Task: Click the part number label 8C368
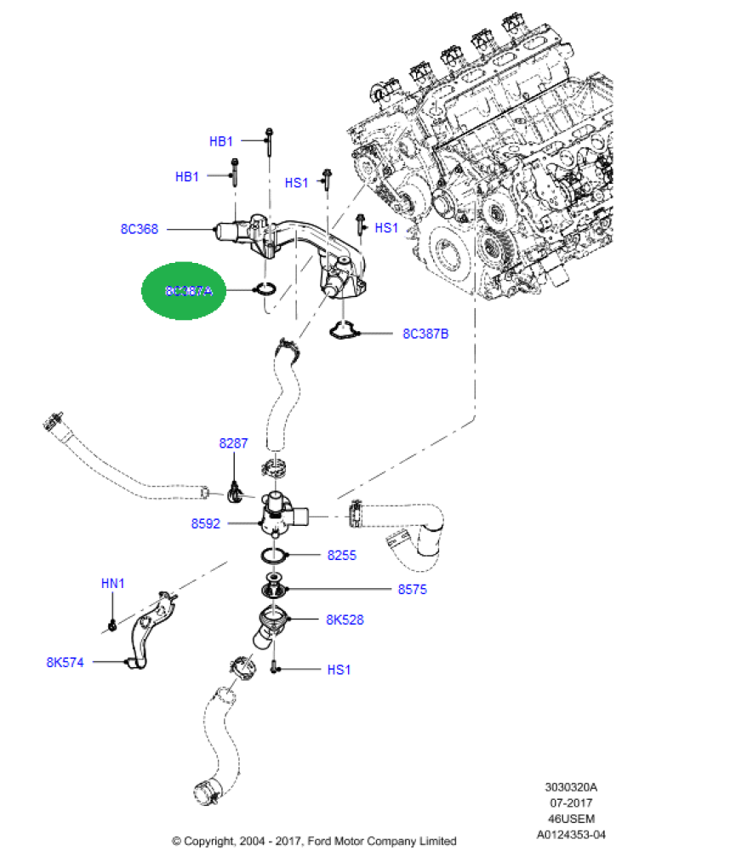click(139, 229)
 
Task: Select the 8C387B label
click(425, 334)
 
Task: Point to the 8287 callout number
click(233, 443)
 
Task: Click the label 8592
click(205, 524)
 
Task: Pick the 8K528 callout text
click(345, 620)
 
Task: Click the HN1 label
click(113, 584)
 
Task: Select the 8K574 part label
click(65, 661)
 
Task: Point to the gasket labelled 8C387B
click(344, 331)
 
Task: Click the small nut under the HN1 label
click(112, 627)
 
